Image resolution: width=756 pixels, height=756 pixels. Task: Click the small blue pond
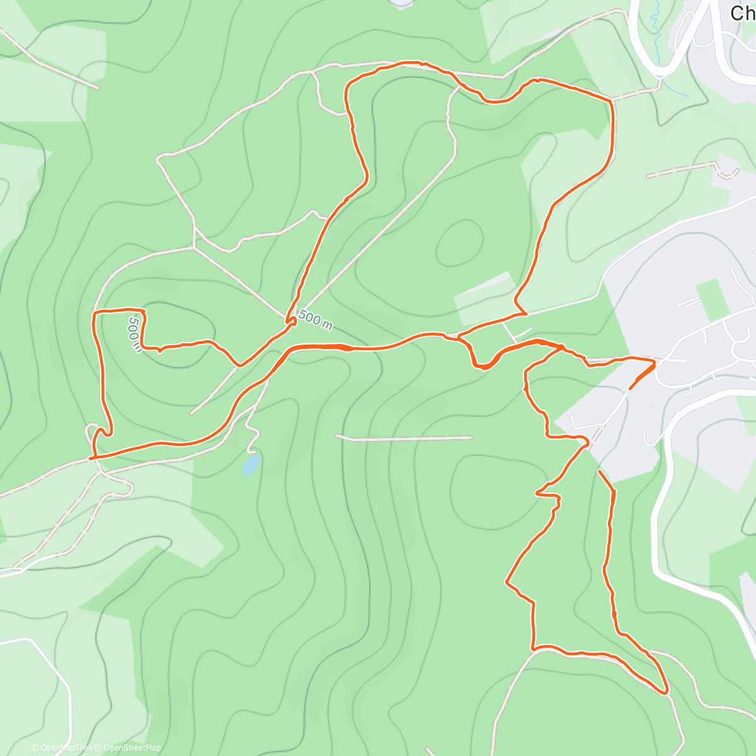click(x=251, y=466)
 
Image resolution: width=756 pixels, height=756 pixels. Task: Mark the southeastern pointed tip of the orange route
click(x=666, y=692)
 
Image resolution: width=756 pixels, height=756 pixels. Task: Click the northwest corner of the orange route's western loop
click(x=94, y=312)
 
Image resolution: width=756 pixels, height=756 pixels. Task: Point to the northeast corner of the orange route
click(x=611, y=100)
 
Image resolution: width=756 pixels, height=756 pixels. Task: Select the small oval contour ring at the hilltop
click(x=460, y=243)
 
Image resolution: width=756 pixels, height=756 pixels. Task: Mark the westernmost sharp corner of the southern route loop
click(x=507, y=583)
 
